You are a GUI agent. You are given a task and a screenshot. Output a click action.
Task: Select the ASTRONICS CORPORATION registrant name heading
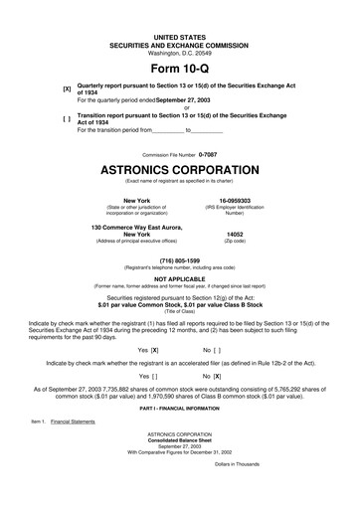point(180,170)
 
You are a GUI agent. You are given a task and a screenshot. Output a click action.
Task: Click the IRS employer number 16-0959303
point(234,200)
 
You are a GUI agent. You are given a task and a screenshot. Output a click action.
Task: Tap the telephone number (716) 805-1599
point(180,260)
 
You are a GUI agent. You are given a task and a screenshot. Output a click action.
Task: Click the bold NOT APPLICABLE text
point(180,280)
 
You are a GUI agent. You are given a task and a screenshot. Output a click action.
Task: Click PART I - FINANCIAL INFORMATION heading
point(180,408)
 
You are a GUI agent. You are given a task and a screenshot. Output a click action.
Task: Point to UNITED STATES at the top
point(180,36)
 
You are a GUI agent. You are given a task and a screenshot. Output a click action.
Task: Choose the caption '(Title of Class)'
point(180,311)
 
